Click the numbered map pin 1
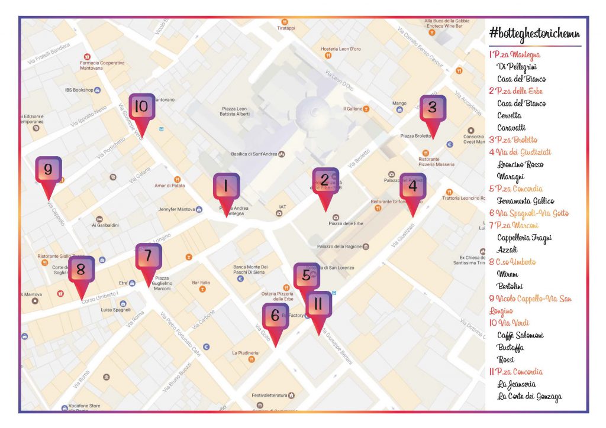[x=225, y=188]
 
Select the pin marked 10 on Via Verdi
[x=141, y=108]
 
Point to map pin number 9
[x=48, y=171]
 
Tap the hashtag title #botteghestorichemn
[x=534, y=33]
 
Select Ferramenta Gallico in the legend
[x=526, y=201]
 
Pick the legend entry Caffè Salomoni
[x=520, y=335]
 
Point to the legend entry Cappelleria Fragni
[x=524, y=238]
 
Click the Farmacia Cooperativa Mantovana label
[x=102, y=65]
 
